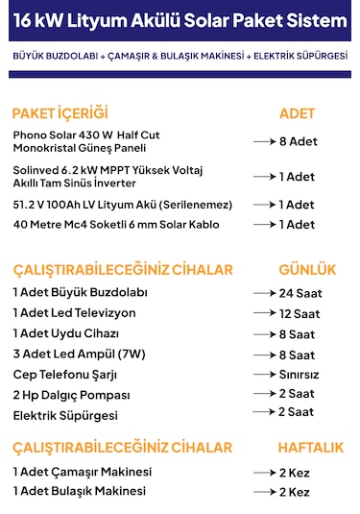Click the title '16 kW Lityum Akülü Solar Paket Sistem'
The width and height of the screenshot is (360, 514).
coord(180,19)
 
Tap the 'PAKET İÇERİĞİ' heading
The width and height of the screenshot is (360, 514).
coord(60,112)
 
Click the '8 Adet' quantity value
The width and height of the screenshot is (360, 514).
coord(297,141)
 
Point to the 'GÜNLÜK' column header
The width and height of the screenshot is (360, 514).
coord(306,267)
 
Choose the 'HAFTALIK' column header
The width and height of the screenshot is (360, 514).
coord(310,448)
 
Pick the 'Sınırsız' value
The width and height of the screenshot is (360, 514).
coord(299,375)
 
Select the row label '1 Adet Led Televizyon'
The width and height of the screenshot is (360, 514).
coord(74,312)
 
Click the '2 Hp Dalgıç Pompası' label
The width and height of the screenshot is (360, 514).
coord(71,394)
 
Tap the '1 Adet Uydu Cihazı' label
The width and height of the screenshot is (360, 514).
coord(66,332)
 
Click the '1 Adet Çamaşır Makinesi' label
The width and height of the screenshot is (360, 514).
coord(83,472)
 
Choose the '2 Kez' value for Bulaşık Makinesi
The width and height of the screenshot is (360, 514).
coord(295,492)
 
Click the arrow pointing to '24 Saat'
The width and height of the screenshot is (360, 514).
coord(263,293)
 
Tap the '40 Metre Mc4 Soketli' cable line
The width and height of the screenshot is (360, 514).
coord(116,225)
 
